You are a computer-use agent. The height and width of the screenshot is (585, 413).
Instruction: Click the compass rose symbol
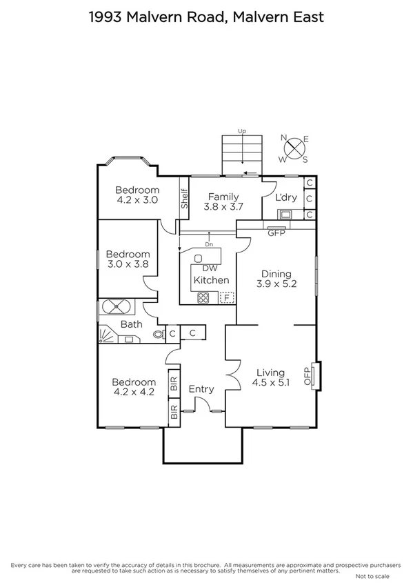tap(295, 148)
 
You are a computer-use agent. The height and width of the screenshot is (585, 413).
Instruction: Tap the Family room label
tap(224, 197)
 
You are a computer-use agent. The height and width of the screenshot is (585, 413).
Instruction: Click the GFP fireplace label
tap(276, 233)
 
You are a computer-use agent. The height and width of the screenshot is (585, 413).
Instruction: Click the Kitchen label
tap(211, 280)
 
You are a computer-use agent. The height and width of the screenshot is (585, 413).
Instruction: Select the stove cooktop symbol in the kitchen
tap(204, 298)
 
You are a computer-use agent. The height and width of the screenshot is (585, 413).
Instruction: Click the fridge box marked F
tap(225, 298)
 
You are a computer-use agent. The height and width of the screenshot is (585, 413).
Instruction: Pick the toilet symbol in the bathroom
tap(159, 335)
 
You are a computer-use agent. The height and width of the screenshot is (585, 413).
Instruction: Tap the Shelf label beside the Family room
tap(185, 199)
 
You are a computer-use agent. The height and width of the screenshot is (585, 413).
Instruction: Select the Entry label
tap(201, 389)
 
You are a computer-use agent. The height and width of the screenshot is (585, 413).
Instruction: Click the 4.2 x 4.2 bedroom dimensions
tap(134, 392)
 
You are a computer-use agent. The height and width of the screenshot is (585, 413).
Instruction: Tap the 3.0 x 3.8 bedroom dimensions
tap(128, 264)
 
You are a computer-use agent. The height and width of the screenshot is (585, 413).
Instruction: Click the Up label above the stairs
tap(241, 130)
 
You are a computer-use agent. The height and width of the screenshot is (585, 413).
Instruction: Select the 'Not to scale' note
tap(372, 575)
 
